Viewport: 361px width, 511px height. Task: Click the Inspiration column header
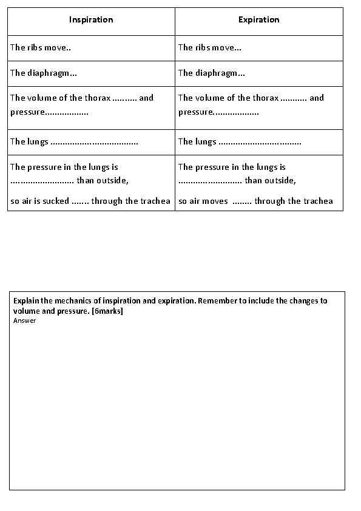[91, 20]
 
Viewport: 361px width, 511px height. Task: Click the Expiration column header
[259, 20]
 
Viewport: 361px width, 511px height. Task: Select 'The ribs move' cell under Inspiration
[41, 47]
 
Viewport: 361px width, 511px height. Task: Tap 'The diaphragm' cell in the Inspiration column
[43, 73]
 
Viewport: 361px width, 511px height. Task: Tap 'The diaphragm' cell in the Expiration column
[212, 73]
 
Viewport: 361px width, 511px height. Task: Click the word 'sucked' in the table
[56, 201]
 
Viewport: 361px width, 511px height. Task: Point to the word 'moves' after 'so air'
[216, 201]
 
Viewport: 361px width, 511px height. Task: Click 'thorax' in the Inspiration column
[97, 98]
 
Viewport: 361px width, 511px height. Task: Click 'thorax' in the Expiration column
[265, 98]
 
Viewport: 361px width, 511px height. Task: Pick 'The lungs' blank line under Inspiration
[94, 142]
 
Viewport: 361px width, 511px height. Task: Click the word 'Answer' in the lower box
[24, 320]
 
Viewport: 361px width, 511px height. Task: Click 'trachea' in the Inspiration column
[156, 201]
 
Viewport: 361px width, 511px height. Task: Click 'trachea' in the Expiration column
[319, 201]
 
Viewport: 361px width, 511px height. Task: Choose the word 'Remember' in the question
[217, 301]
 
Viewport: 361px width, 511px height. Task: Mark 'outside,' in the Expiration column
[280, 180]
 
